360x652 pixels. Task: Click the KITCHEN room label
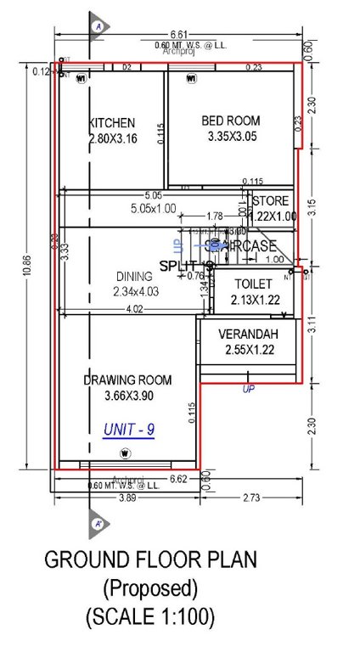112,123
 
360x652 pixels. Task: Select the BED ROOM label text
230,121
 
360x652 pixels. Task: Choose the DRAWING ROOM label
127,380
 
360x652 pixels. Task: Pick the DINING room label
134,277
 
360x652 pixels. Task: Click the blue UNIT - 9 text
128,430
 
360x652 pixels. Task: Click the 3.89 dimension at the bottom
127,496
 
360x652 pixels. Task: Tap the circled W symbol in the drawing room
125,452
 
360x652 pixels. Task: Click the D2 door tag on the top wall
127,66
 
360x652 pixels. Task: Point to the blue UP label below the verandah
248,390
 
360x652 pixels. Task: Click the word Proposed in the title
150,587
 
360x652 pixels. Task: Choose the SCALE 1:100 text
150,615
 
